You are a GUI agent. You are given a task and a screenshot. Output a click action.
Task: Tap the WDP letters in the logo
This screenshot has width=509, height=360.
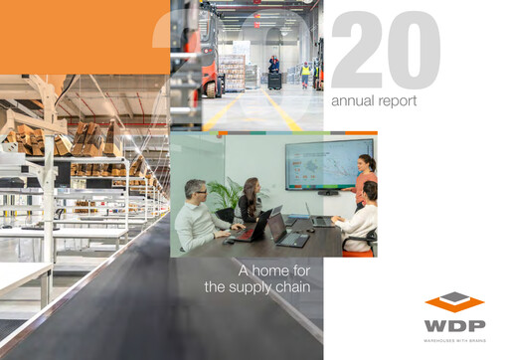454,324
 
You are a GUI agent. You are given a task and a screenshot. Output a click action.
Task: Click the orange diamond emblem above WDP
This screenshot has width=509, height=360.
454,301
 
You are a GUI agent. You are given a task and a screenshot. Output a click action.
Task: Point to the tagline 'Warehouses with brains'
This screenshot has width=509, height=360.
454,340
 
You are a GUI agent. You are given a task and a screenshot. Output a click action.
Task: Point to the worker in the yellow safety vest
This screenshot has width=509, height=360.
305,73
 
